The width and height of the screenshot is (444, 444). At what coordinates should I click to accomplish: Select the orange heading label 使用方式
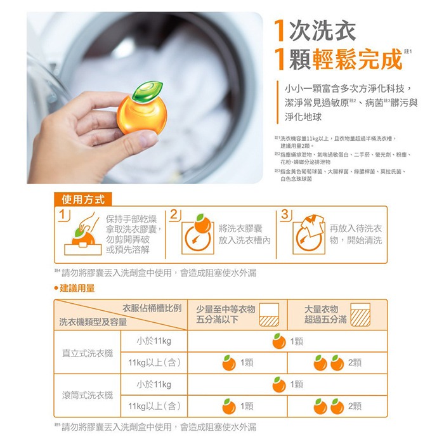tap(84, 199)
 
